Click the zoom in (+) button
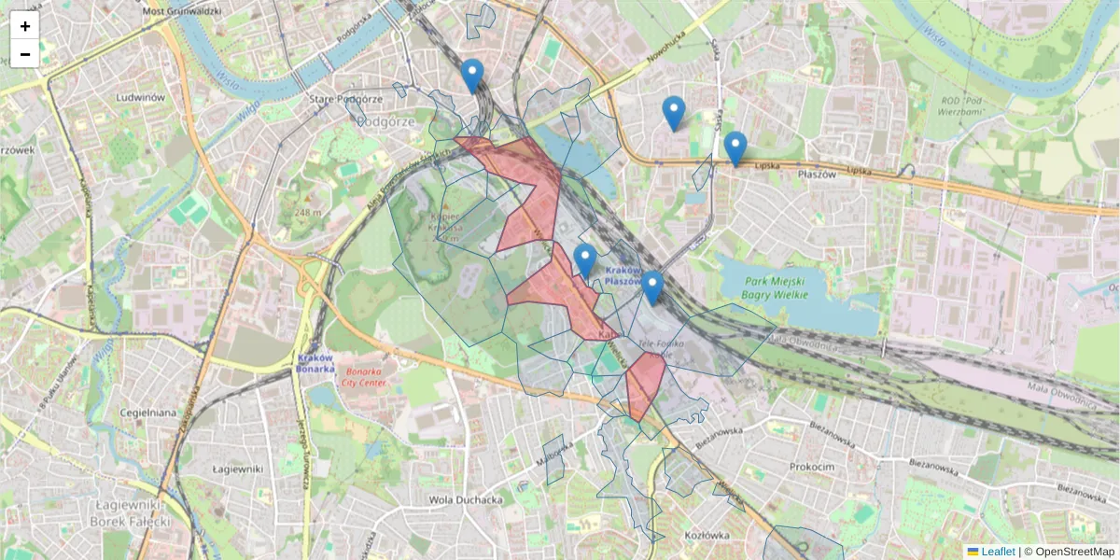click(x=25, y=26)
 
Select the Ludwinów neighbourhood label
click(x=141, y=96)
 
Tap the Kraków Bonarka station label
click(x=316, y=362)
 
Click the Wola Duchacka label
click(x=466, y=499)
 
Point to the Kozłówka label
click(x=706, y=535)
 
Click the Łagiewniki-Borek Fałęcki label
click(x=131, y=511)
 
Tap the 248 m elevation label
click(x=307, y=213)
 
